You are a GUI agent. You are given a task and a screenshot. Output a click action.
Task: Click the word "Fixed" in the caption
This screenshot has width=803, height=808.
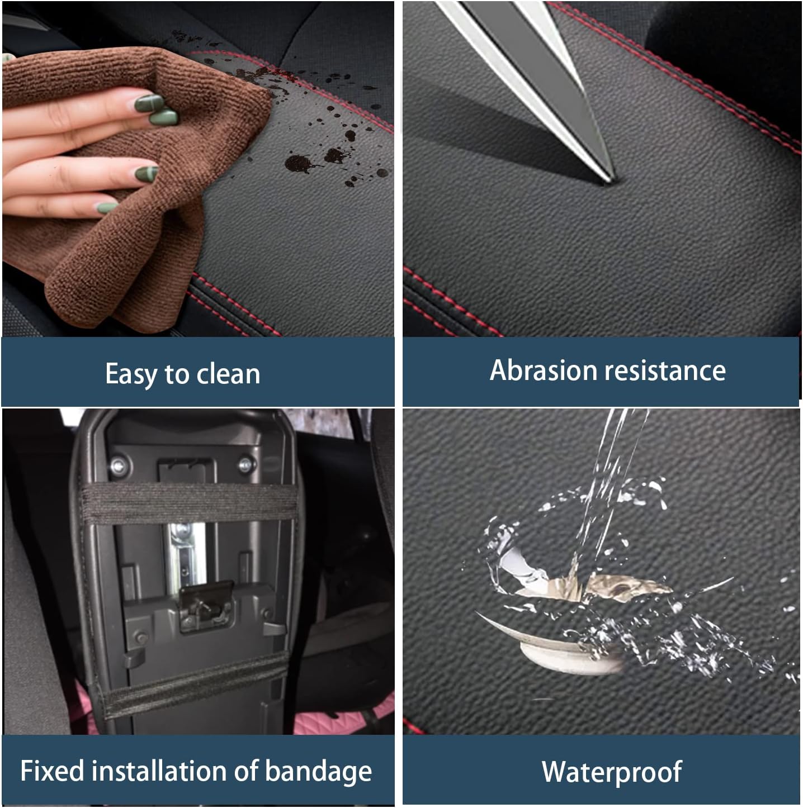(51, 771)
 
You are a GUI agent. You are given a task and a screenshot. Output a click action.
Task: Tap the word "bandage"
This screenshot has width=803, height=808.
(318, 772)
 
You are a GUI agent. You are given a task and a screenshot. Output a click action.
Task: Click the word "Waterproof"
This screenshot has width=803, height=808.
(611, 772)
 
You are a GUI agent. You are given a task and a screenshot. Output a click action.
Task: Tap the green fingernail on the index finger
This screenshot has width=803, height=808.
(150, 104)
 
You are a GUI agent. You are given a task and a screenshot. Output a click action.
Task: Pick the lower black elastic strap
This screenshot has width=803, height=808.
(190, 684)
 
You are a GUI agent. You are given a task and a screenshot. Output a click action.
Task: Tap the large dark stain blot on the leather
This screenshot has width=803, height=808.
(297, 163)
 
